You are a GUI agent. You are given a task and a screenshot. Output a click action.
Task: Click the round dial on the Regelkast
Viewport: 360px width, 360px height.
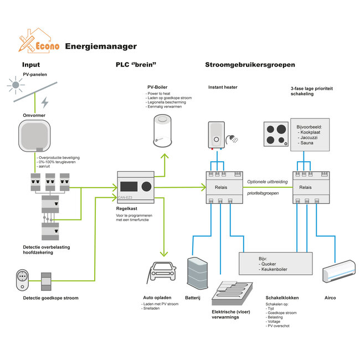point(147,185)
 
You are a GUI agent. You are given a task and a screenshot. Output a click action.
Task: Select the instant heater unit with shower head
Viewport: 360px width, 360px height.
point(218,135)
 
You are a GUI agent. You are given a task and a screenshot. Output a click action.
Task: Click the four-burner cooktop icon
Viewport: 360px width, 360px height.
point(276,135)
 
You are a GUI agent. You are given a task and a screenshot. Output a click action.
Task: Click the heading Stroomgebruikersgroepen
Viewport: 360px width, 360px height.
point(250,65)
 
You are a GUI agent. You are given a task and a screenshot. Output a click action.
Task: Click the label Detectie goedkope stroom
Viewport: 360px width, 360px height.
point(50,298)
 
